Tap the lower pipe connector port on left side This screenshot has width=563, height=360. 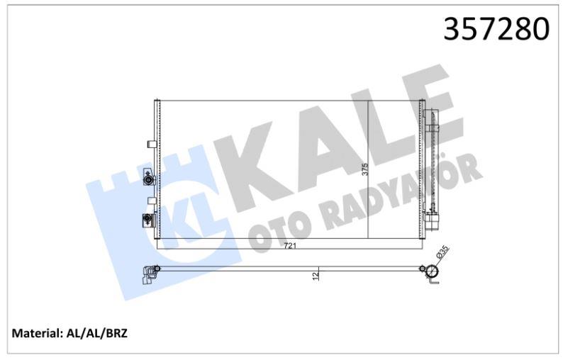(x=147, y=220)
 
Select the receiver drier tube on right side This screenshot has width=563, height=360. (x=432, y=163)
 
